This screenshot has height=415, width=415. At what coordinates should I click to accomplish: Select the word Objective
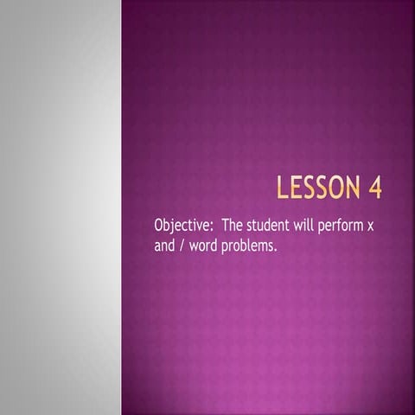(182, 226)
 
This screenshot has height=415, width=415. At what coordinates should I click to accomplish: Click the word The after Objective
(233, 225)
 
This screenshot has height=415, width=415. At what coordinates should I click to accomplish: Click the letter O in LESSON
(342, 187)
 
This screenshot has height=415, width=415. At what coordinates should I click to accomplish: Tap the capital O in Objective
(159, 225)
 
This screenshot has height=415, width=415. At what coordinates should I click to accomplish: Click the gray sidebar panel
(61, 207)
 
